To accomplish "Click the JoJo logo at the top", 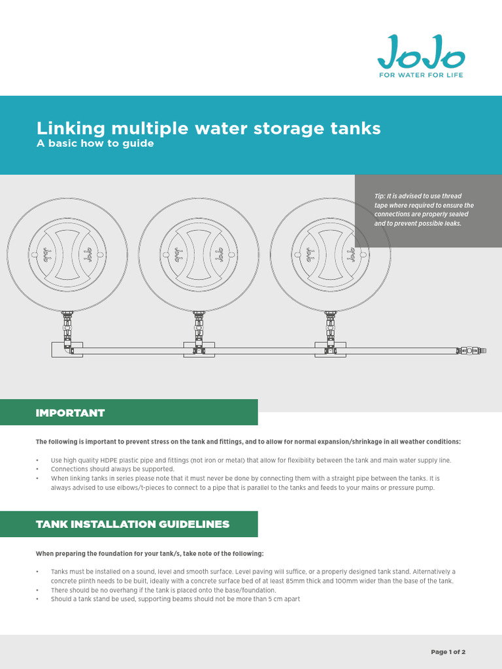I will [421, 52].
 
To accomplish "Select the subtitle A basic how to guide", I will [95, 144].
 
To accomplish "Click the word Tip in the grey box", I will [380, 196].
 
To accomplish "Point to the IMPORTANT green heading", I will [70, 413].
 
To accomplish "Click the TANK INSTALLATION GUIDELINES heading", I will [132, 524].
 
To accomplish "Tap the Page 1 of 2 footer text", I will [448, 651].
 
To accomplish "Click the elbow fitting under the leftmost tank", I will [67, 350].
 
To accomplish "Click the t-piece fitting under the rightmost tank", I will [330, 350].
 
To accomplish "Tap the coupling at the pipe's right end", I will [470, 351].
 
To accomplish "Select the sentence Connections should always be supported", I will [112, 469].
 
